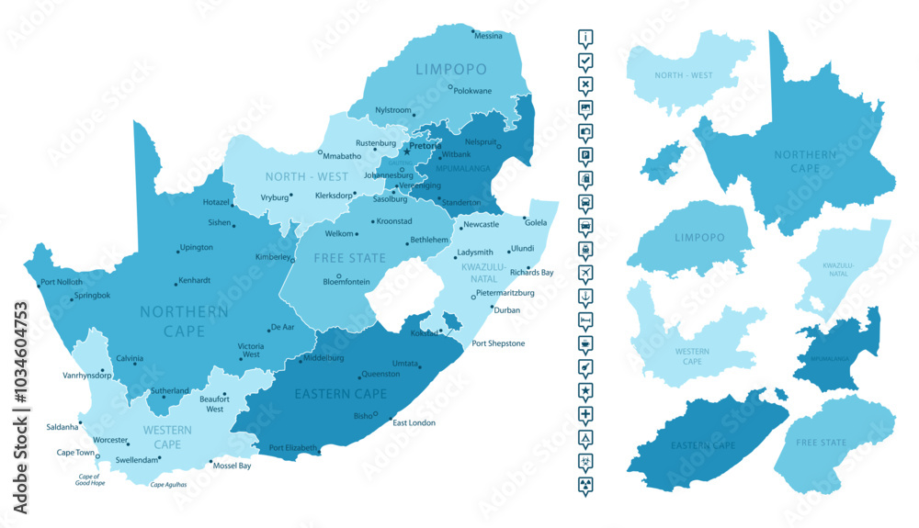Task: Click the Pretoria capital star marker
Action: coord(407,152)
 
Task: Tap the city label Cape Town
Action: coord(75,453)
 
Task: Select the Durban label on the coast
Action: coord(506,310)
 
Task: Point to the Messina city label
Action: coord(488,36)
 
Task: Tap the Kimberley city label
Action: coord(272,257)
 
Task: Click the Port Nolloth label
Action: coord(62,282)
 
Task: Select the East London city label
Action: coord(414,422)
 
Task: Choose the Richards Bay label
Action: coord(531,273)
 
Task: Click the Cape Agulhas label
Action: coord(168,484)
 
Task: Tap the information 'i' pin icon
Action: coord(585,38)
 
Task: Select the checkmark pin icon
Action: coord(585,61)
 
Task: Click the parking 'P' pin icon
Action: coord(585,154)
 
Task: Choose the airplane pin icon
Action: coord(585,272)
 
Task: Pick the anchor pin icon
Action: coord(585,296)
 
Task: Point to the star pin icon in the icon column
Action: coord(585,390)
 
